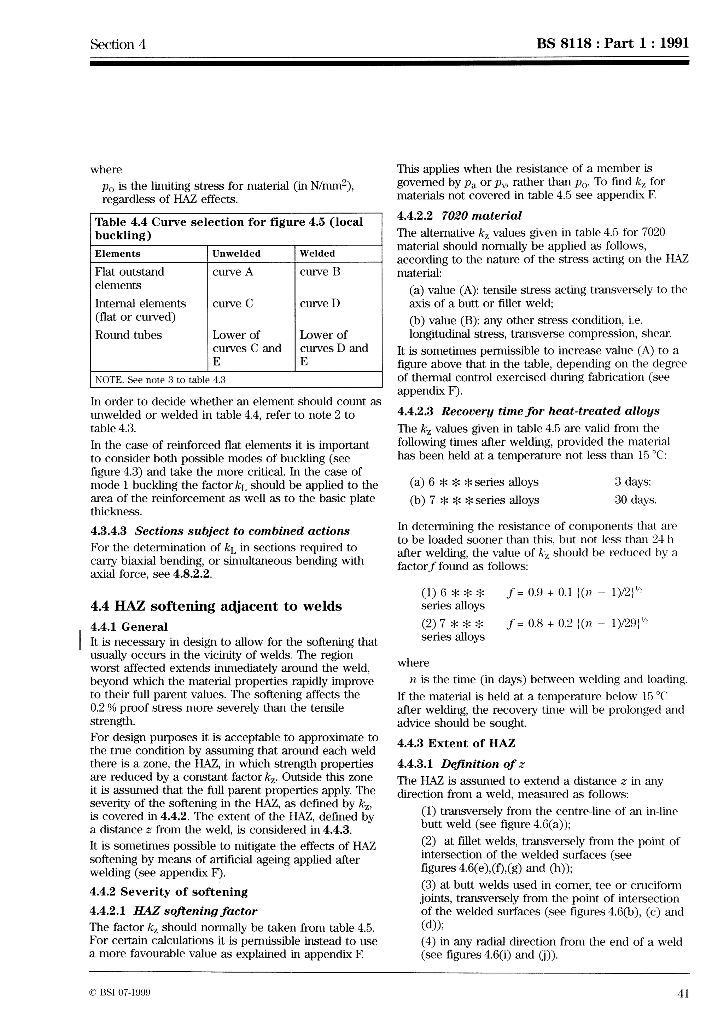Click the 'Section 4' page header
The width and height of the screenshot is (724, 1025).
[x=118, y=44]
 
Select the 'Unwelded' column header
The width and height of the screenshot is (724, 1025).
[x=236, y=254]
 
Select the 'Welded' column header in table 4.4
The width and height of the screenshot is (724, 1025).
[x=317, y=254]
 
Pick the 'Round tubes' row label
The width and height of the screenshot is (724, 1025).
[x=128, y=335]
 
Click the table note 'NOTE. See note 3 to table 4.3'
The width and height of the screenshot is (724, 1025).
[x=160, y=380]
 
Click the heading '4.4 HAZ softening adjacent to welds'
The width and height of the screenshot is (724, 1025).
[x=216, y=606]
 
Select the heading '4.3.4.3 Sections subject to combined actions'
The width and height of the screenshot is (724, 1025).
[x=220, y=531]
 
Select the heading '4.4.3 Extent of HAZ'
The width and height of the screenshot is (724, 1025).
[x=456, y=743]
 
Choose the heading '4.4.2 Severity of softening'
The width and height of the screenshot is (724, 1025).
[x=169, y=892]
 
